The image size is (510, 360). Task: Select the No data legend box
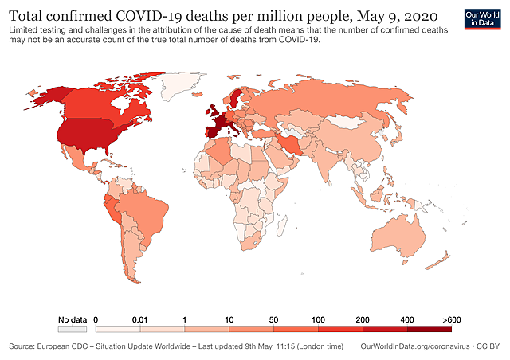coord(71,327)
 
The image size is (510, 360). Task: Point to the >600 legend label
coord(453,319)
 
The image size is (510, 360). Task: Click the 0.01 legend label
coord(140,319)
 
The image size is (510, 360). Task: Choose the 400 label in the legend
coord(408,319)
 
